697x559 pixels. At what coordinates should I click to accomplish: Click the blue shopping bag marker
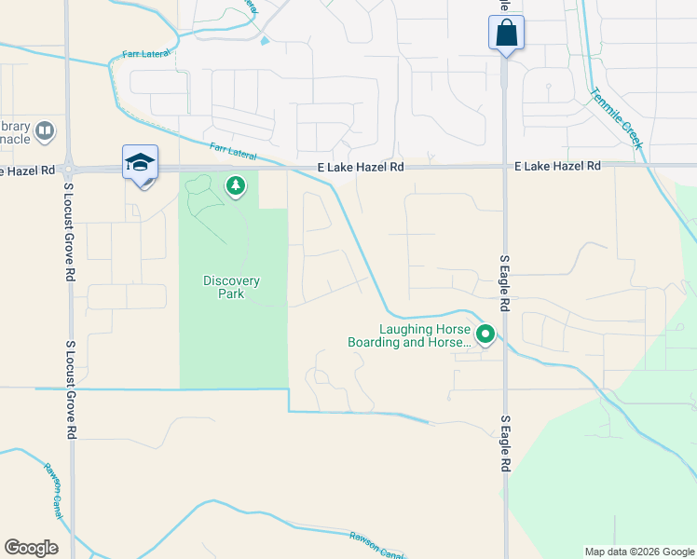[506, 34]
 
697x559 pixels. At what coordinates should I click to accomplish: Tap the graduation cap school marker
[140, 162]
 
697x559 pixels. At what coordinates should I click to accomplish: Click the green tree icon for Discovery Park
[237, 187]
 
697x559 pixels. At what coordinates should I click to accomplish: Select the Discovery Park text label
[231, 287]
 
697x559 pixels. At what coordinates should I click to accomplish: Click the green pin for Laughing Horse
[485, 334]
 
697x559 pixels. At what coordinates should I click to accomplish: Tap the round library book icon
[45, 131]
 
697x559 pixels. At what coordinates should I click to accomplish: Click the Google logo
[31, 548]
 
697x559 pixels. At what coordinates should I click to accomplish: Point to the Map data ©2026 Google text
[639, 552]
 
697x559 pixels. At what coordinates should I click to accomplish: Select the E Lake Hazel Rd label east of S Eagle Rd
[557, 166]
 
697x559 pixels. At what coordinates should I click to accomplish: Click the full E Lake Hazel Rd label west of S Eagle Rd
[361, 167]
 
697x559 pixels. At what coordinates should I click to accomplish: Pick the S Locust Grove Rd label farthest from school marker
[68, 389]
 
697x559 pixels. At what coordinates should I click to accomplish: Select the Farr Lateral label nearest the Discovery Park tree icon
[232, 148]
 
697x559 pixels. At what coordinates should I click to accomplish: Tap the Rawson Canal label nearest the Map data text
[377, 544]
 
